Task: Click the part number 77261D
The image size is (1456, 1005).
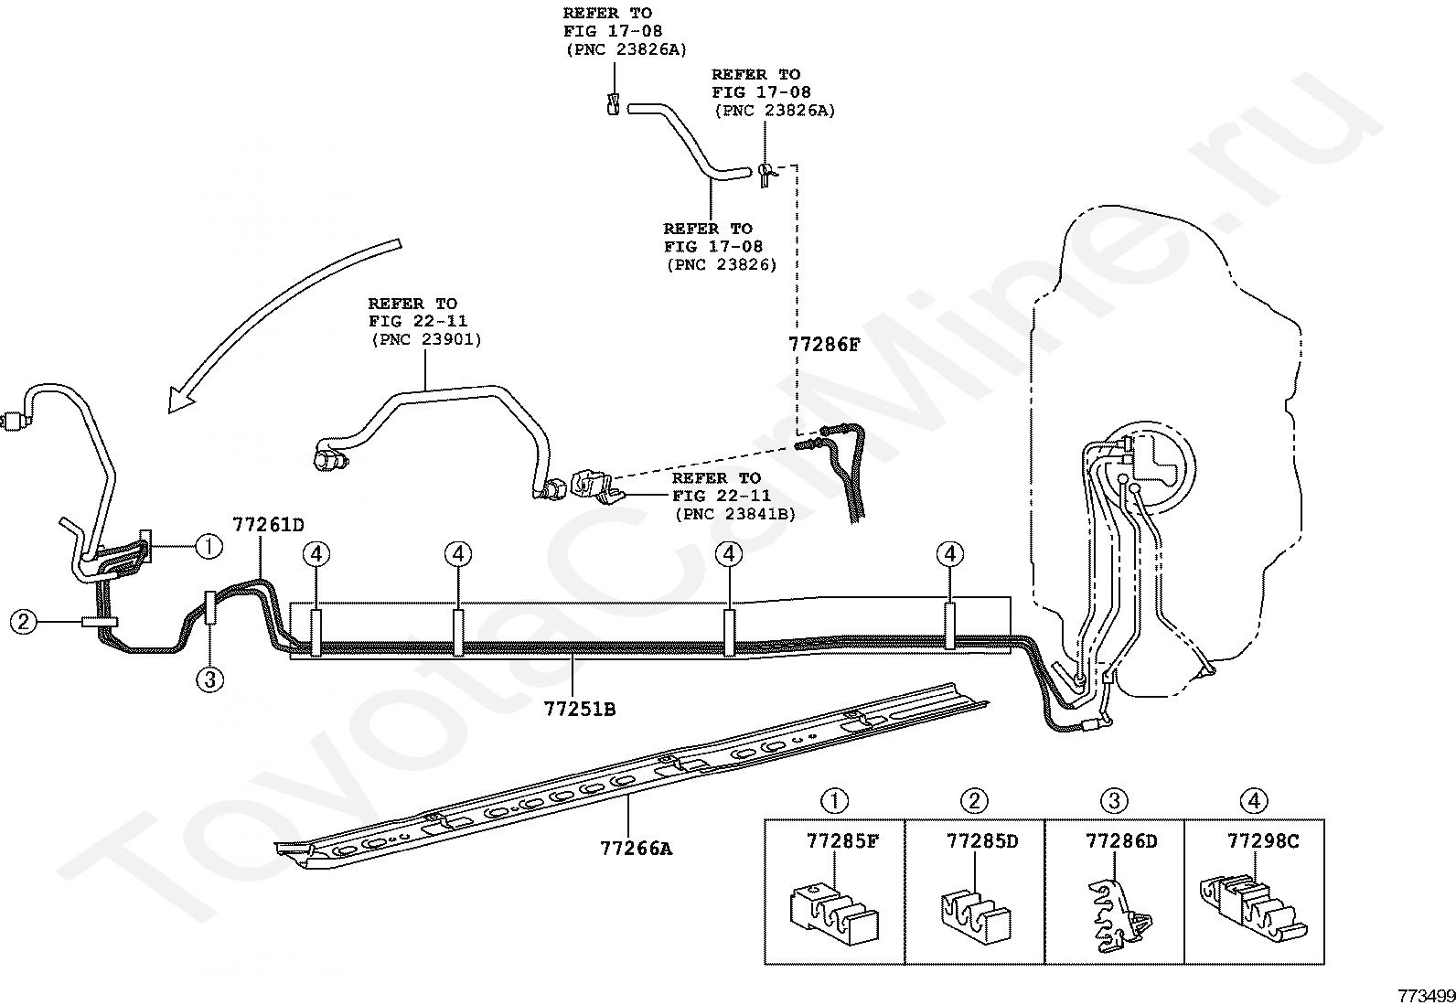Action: coord(269,525)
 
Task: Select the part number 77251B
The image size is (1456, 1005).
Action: coord(580,709)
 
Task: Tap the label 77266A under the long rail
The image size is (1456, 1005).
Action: coord(637,849)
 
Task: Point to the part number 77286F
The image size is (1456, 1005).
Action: coord(824,345)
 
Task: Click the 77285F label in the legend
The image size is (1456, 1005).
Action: coord(843,841)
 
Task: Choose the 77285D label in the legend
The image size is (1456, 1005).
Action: coord(983,841)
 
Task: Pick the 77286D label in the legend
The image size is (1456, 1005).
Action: coord(1122,841)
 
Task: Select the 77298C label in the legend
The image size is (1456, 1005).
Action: coord(1263,841)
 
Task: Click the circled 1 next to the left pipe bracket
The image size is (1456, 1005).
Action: coord(209,546)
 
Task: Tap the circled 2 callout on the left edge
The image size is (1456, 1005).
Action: coord(24,622)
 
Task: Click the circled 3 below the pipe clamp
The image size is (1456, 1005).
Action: coord(210,680)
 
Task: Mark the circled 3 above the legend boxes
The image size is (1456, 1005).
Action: coord(1114,800)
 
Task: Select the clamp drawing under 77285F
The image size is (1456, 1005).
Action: coord(834,911)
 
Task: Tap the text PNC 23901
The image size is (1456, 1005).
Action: coord(426,339)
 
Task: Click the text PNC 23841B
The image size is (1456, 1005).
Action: coord(735,514)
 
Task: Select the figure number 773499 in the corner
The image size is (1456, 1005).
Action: coord(1427,995)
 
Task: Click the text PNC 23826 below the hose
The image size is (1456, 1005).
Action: coord(723,264)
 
